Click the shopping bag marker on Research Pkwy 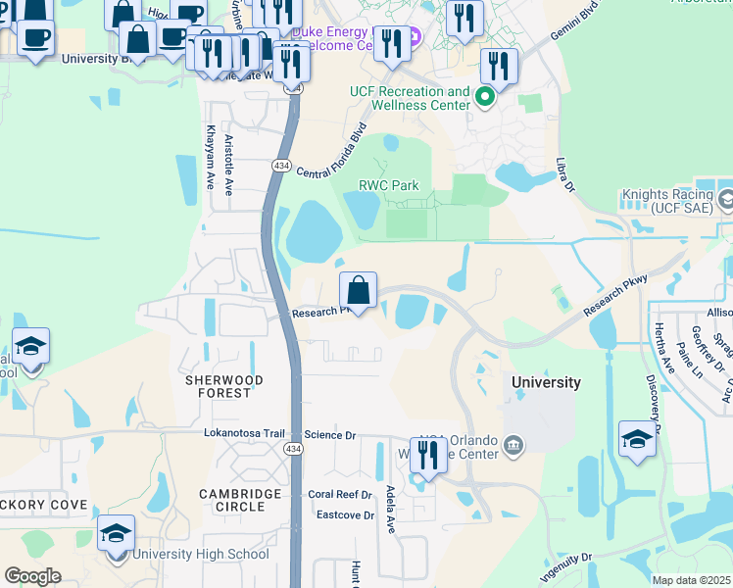point(359,291)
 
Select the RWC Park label point(388,184)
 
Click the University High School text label point(201,554)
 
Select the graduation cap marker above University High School point(117,535)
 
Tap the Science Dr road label point(330,434)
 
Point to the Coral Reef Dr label point(340,495)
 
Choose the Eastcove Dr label point(345,514)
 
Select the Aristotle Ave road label point(227,164)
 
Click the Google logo point(32,576)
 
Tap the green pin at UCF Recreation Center point(484,97)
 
